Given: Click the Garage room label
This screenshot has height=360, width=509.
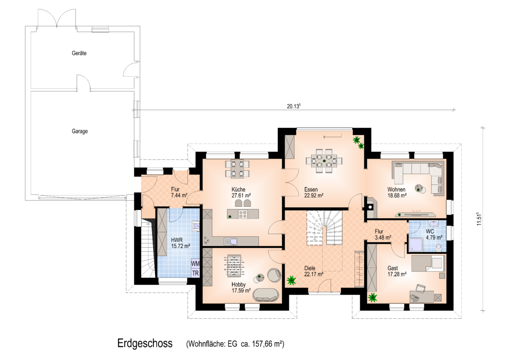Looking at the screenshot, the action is click(79, 131).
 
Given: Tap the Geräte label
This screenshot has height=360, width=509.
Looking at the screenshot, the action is click(79, 53).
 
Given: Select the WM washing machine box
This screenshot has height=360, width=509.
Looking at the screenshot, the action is click(195, 263).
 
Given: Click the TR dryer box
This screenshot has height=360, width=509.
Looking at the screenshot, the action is click(195, 273).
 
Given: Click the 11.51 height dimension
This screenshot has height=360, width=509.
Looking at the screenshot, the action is click(479, 219).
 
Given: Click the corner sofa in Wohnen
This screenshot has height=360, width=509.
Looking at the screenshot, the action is click(418, 177).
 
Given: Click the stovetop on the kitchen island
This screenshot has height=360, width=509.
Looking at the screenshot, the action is click(243, 214).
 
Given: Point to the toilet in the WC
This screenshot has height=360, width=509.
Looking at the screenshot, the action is click(438, 247).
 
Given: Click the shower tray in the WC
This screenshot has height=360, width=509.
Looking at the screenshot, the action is click(416, 245).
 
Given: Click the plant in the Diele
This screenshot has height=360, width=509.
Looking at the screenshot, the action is click(291, 281).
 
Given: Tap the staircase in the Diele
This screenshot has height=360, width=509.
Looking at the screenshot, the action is click(324, 228).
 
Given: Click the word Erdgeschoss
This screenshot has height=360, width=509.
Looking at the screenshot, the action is click(145, 343).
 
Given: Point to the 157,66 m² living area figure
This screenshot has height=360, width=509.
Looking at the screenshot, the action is click(268, 343).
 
